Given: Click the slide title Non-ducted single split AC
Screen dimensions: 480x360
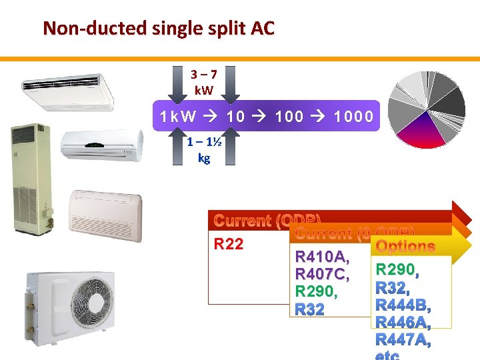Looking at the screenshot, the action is (x=158, y=29).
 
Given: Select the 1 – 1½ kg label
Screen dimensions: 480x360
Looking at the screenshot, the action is (x=203, y=152).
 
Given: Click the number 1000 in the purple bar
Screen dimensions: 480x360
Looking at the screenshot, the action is (x=353, y=117).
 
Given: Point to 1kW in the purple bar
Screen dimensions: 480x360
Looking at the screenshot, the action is (x=178, y=117).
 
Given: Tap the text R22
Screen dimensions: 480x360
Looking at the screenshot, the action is (x=229, y=244).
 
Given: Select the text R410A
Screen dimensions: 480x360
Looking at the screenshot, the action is (x=322, y=257).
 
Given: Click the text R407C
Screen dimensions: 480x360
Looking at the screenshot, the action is (x=322, y=274).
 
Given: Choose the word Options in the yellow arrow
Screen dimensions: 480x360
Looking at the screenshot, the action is (x=405, y=247).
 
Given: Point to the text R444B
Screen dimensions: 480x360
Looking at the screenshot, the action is (x=403, y=306).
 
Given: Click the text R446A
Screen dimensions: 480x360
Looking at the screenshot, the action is (x=403, y=323).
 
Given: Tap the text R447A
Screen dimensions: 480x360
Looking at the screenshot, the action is (x=403, y=341).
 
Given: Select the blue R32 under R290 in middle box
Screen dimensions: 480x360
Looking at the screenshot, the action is (x=309, y=309).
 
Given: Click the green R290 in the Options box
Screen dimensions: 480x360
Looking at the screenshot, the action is (x=395, y=270).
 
